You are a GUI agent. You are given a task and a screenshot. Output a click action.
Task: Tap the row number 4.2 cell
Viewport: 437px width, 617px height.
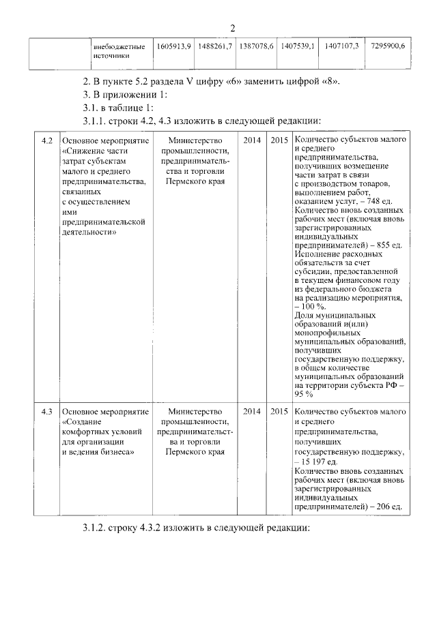[x=46, y=140]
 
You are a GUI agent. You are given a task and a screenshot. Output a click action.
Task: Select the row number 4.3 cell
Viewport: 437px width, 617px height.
[x=46, y=412]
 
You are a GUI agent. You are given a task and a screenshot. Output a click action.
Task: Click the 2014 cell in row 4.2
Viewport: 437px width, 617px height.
[x=251, y=140]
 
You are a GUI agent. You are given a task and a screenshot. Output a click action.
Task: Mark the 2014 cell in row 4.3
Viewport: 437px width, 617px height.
[x=251, y=412]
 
